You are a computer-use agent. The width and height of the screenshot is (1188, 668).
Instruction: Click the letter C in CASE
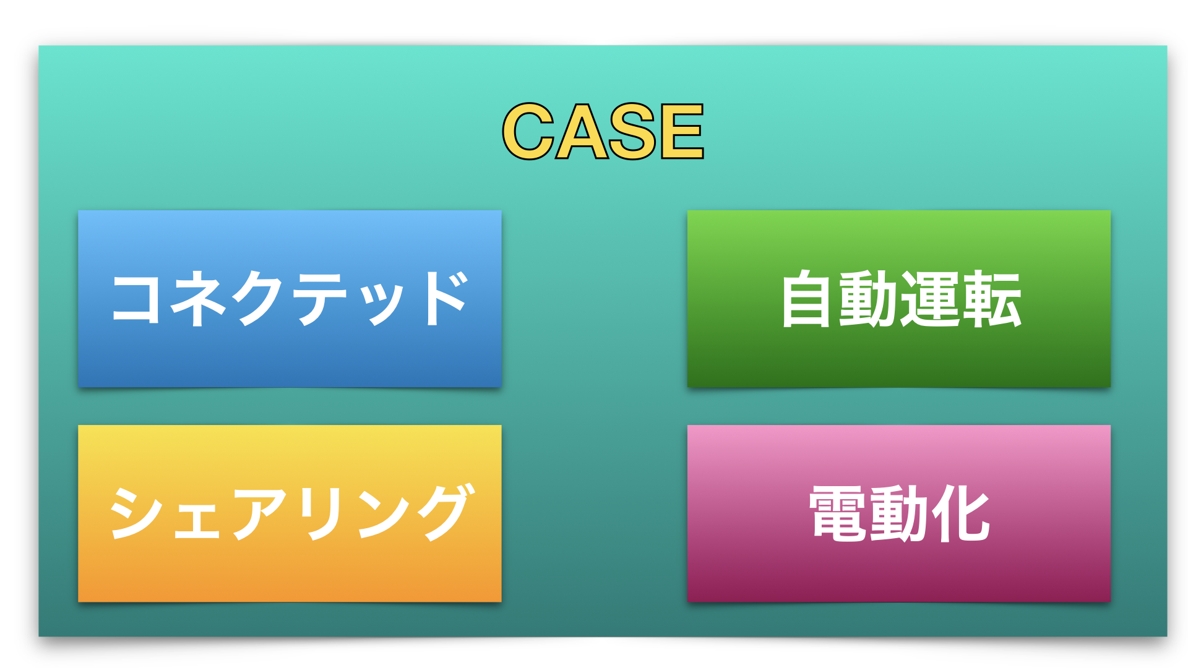(x=528, y=131)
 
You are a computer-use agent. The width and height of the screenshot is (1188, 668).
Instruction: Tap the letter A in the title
(x=582, y=131)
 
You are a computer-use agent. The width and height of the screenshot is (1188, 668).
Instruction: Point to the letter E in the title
(x=682, y=131)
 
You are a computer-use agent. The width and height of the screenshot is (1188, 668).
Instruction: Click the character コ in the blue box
(x=136, y=299)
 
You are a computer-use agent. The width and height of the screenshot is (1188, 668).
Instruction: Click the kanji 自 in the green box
(x=805, y=299)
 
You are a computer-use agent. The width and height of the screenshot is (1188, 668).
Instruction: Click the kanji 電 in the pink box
(x=838, y=513)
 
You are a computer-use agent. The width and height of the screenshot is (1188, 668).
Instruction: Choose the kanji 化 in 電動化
(x=961, y=513)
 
